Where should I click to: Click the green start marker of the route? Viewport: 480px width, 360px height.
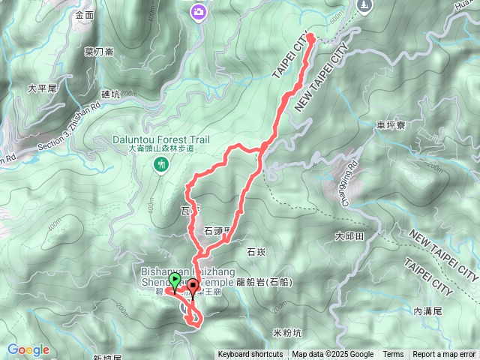(x=175, y=282)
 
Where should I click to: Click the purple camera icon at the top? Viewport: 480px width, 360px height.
(x=199, y=10)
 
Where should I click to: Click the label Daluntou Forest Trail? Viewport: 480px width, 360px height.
(x=160, y=139)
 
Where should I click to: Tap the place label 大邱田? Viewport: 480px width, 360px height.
(x=349, y=235)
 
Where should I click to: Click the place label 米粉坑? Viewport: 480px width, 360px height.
(x=287, y=331)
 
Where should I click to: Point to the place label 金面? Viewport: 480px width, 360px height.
(x=85, y=14)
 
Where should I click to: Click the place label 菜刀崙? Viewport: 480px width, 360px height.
(x=99, y=52)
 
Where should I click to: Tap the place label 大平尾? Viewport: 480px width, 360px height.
(x=42, y=88)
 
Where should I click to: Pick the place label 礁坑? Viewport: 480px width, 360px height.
(x=111, y=94)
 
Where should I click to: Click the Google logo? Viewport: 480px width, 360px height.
(x=28, y=349)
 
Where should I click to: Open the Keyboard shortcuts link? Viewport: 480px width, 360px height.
(x=250, y=355)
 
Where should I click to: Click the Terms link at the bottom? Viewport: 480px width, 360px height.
(x=393, y=355)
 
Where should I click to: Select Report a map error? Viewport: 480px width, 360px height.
(x=444, y=355)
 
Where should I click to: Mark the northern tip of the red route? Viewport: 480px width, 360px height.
(x=310, y=35)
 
